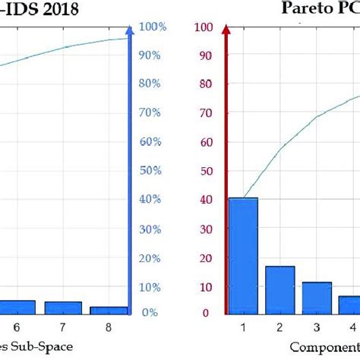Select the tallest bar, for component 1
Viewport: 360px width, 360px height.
point(243,255)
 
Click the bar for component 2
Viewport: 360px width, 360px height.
point(280,289)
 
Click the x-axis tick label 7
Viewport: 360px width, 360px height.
point(64,327)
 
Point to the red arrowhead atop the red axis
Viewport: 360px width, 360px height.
point(226,30)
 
